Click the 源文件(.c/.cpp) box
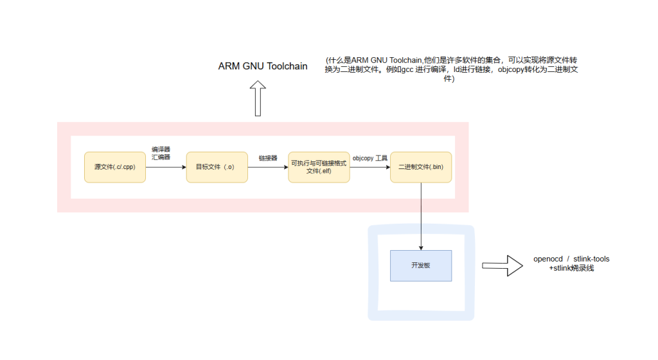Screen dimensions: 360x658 point(115,167)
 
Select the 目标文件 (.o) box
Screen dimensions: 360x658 point(217,167)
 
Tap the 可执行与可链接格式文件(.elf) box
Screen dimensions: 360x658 point(319,167)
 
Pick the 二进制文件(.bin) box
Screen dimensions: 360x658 point(421,167)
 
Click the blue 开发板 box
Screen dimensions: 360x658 point(421,265)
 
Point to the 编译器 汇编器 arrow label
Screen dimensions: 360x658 point(161,153)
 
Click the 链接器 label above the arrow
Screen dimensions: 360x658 point(268,157)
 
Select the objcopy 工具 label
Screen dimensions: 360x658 point(370,157)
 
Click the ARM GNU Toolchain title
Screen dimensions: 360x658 point(263,66)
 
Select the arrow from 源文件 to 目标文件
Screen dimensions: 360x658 point(166,167)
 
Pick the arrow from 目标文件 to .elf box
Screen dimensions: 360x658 point(267,167)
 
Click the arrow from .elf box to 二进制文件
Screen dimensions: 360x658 point(370,167)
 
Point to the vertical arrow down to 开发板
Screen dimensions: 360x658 point(421,216)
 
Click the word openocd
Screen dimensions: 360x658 point(547,259)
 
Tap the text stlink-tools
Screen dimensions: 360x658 point(591,259)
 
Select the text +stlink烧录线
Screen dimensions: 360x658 point(571,268)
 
